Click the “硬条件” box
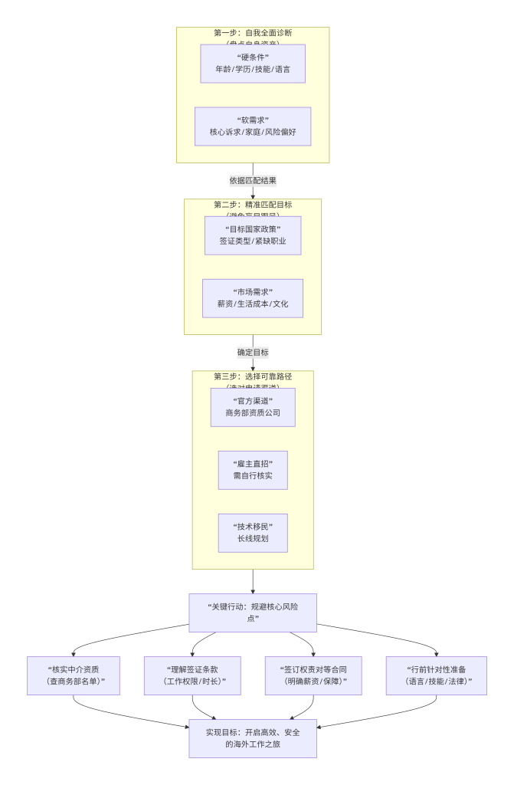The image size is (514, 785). (x=253, y=64)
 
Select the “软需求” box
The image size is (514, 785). (x=253, y=126)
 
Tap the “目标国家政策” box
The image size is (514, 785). (x=253, y=235)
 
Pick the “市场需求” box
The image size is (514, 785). (x=253, y=298)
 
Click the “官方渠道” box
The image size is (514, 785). (x=253, y=407)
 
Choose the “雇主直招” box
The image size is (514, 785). (x=253, y=470)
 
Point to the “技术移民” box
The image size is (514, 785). (x=253, y=533)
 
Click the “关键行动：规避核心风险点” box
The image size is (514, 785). (x=253, y=612)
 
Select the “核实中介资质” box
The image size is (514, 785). (x=74, y=675)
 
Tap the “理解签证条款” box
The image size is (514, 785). (x=192, y=675)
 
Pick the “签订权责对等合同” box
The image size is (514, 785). (x=313, y=675)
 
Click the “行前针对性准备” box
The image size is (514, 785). (x=436, y=675)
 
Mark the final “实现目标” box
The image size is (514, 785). (x=253, y=738)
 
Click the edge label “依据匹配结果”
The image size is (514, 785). (x=253, y=181)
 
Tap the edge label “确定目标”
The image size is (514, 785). (x=253, y=353)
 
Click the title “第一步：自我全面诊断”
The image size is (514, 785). (x=253, y=33)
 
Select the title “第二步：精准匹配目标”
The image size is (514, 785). (x=253, y=205)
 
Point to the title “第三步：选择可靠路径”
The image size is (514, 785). (x=253, y=376)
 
